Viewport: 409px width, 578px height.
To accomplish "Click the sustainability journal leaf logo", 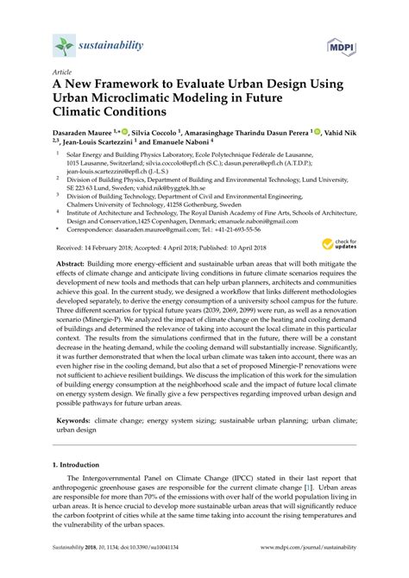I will coord(64,44).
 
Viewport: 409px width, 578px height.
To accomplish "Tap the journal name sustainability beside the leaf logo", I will coord(111,43).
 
